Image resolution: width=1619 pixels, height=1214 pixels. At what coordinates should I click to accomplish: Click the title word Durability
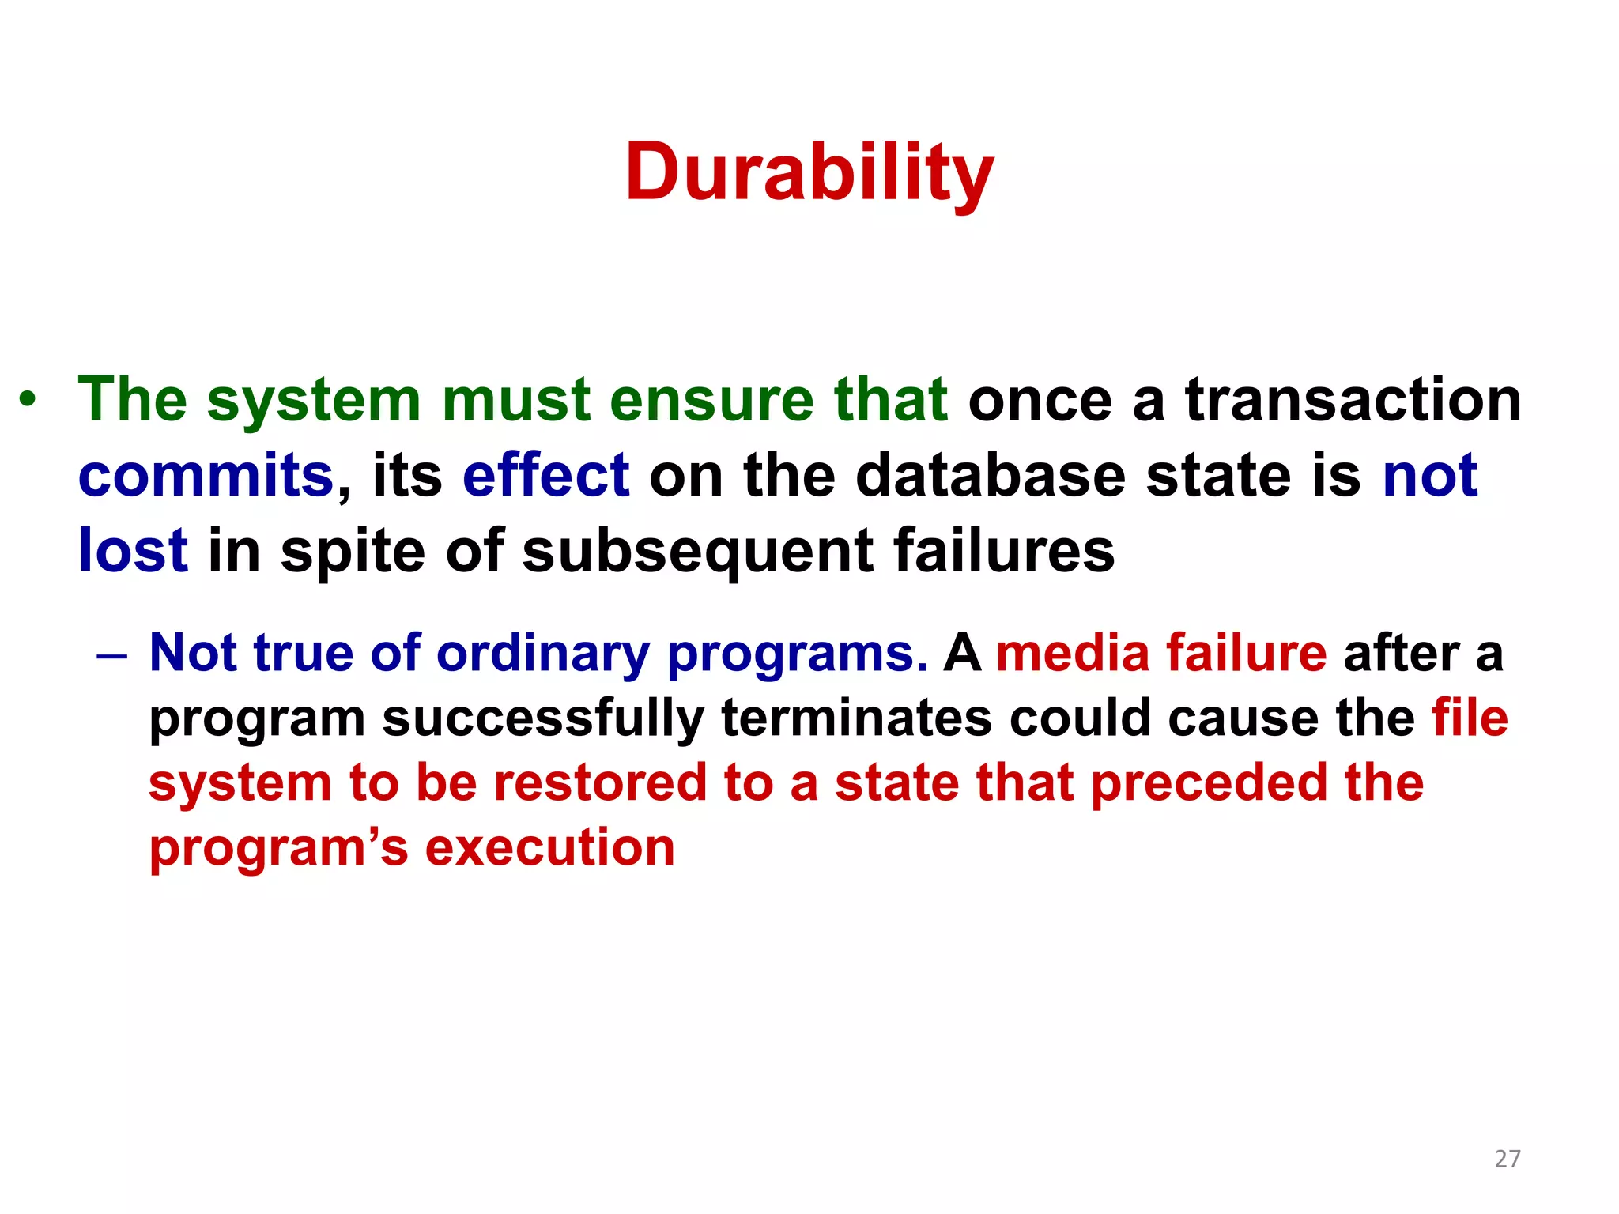point(809,172)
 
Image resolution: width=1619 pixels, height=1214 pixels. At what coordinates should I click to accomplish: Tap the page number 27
point(1508,1159)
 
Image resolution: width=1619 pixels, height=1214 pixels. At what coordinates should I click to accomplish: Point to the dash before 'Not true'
point(111,655)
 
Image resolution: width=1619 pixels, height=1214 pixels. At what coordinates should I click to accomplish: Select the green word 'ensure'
point(711,399)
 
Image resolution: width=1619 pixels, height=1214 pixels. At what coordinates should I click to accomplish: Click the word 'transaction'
point(1353,399)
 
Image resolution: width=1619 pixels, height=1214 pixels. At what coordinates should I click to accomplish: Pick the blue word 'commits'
point(206,475)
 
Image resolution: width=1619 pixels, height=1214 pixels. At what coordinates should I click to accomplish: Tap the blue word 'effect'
point(546,475)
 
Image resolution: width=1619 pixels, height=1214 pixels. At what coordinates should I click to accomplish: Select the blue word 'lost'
point(133,550)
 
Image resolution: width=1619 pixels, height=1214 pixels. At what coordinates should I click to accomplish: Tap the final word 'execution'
point(550,847)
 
